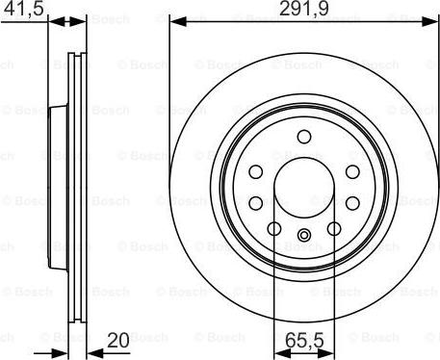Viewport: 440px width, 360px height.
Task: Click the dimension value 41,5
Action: click(23, 9)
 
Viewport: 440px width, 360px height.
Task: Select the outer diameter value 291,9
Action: click(304, 9)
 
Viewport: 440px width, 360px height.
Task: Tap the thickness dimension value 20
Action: click(118, 341)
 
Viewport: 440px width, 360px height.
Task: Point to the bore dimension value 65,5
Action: click(304, 341)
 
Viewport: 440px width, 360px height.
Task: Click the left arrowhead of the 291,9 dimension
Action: click(178, 22)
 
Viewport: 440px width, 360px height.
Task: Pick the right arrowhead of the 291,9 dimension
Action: click(430, 22)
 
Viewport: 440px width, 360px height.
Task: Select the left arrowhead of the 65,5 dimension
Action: click(282, 353)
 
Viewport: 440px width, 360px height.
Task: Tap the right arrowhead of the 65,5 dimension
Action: click(326, 353)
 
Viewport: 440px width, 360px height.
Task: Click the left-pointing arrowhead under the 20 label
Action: click(95, 353)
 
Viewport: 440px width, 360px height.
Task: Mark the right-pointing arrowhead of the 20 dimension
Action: click(60, 353)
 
